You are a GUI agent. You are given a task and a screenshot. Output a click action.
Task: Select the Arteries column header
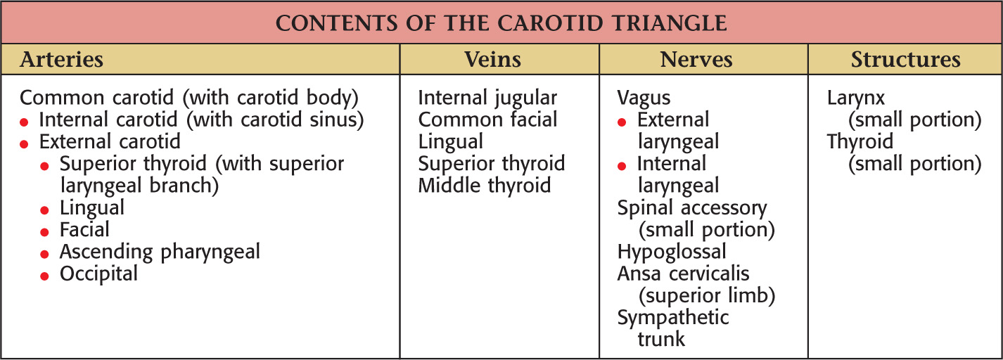click(61, 59)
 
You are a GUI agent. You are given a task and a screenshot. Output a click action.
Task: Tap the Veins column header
click(492, 59)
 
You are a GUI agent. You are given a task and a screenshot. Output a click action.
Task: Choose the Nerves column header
click(696, 59)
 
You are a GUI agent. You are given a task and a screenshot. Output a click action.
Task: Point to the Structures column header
click(905, 59)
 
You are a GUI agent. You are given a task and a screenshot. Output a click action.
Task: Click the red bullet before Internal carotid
click(24, 122)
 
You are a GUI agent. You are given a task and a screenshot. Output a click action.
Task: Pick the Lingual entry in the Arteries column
click(92, 208)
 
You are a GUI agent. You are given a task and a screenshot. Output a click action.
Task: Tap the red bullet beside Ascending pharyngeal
click(44, 255)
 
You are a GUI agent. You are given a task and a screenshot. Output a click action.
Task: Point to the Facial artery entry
click(84, 230)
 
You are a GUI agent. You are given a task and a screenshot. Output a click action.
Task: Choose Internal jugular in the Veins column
click(487, 98)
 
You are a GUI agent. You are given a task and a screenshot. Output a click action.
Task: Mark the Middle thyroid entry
click(485, 186)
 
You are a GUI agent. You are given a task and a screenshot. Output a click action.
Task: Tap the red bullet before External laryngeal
click(622, 122)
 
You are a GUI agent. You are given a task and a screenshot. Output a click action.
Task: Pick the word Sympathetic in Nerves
click(673, 318)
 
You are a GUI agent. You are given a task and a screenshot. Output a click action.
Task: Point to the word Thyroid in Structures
click(860, 142)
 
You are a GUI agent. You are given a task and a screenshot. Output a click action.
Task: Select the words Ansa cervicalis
click(683, 274)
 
